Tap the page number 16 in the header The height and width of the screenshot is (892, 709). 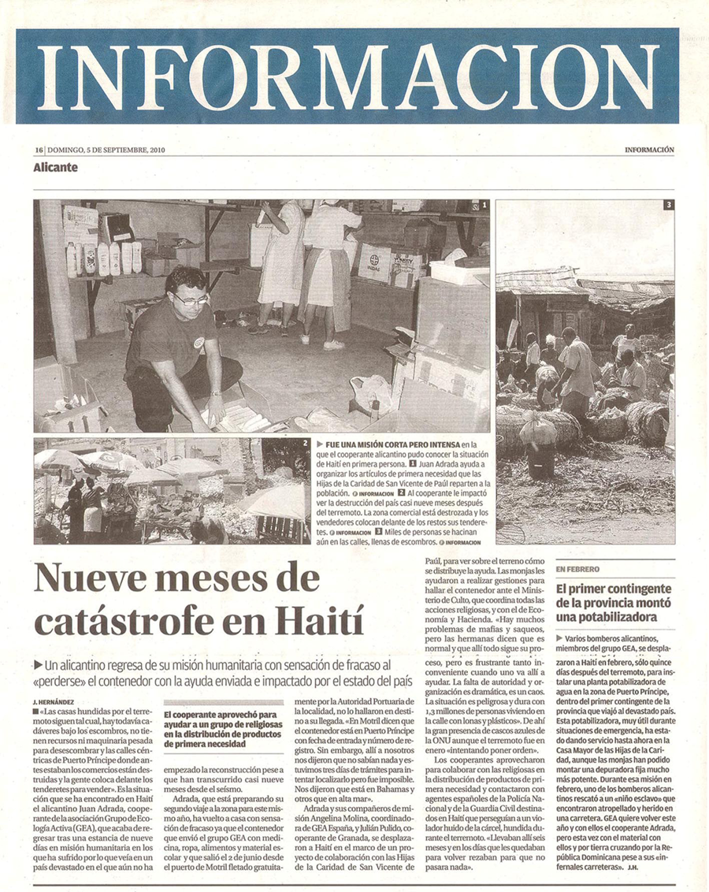coord(38,150)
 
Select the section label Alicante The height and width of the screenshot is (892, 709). coord(55,167)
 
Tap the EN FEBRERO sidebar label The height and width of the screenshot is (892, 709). coord(577,568)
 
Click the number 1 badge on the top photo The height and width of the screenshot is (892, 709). coord(484,205)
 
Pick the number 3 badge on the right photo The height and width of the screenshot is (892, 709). coord(668,205)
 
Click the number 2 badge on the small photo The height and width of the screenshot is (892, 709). coord(304,444)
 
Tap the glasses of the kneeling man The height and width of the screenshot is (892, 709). coord(191,299)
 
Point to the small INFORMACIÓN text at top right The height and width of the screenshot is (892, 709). coord(650,150)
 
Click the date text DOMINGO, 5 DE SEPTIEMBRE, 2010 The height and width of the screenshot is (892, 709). coord(106,150)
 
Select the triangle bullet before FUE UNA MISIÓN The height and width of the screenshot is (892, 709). coord(319,444)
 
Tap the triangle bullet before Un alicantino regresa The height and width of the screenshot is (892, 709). coord(39,663)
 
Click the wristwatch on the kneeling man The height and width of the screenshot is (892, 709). coord(214,392)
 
